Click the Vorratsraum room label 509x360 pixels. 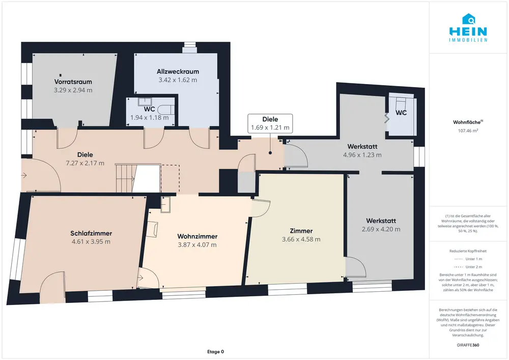tap(73, 82)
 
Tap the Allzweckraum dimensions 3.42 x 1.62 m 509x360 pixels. tap(178, 80)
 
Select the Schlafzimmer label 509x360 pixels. tap(91, 233)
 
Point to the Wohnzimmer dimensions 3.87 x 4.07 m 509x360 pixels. tap(197, 245)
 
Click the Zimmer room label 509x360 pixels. tap(301, 231)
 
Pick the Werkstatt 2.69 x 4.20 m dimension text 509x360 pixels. tap(381, 229)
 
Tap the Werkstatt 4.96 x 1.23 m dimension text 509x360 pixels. tap(362, 155)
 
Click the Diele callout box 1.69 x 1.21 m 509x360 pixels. tap(270, 123)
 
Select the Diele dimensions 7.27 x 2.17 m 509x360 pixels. tap(85, 163)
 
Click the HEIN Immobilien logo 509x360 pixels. tap(468, 28)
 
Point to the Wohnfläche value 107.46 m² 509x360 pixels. tap(468, 131)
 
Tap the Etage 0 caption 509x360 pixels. tap(215, 351)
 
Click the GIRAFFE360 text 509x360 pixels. tap(468, 345)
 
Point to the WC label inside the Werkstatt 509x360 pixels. tap(401, 113)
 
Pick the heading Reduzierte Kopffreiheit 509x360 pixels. tap(468, 251)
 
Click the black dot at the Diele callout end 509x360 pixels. tap(270, 153)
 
